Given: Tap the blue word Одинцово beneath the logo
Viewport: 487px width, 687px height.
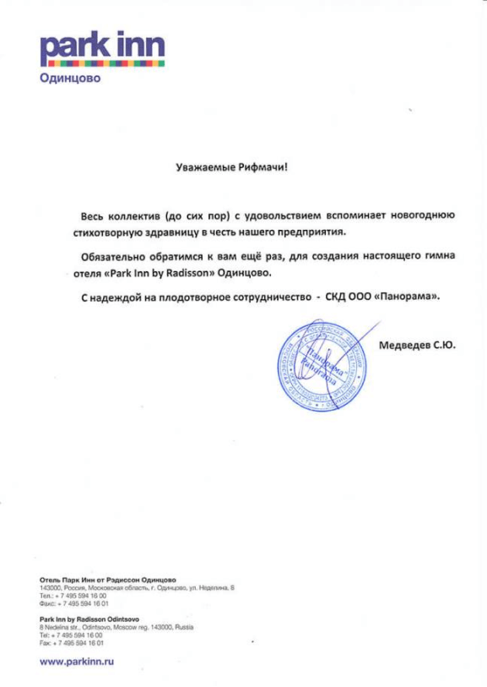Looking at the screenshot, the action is coord(70,80).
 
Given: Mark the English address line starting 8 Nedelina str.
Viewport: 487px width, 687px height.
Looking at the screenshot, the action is coord(116,628).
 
